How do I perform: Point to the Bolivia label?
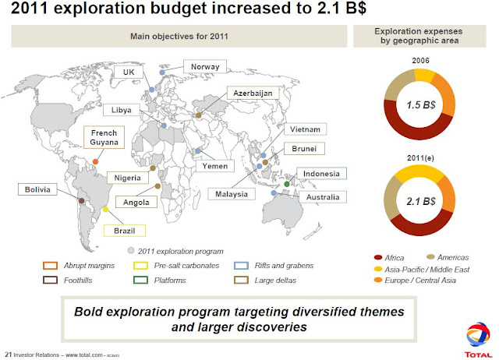(37, 189)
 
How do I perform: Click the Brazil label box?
(124, 231)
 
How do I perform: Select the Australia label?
(323, 197)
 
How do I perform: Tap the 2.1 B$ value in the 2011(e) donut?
(420, 202)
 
